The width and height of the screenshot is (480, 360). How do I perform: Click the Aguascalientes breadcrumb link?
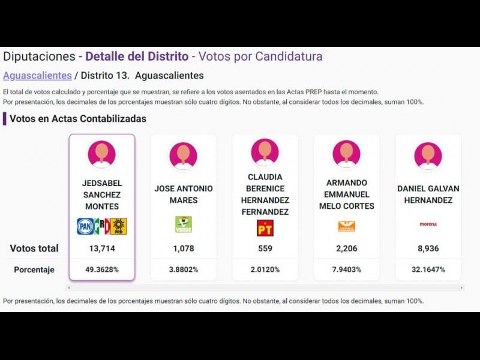coord(37,76)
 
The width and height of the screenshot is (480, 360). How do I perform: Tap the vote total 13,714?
coord(101,248)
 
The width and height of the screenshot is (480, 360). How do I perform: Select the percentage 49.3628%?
coord(101,269)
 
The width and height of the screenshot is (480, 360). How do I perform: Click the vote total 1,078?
coord(183,248)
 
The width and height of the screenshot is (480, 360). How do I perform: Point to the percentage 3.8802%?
coord(183,269)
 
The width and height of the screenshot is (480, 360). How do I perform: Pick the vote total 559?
coord(265,248)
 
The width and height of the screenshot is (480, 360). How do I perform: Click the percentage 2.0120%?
coord(265,269)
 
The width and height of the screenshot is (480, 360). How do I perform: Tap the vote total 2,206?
coord(346,248)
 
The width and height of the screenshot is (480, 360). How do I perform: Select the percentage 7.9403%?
coord(346,269)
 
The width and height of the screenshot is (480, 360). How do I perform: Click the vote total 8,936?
coord(428,248)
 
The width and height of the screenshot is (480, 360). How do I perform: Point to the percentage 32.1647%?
coord(428,269)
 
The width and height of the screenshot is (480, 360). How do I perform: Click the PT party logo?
coord(265,227)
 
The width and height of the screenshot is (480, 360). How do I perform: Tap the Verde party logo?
coord(183,224)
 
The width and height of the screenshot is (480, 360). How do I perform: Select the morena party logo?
coord(428,224)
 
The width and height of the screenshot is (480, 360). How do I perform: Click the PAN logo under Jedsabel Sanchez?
coord(85,226)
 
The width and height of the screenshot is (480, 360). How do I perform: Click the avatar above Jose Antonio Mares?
coord(183,155)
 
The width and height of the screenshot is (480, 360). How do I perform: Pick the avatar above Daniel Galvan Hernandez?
coord(428,155)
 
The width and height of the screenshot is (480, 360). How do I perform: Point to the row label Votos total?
coord(34,248)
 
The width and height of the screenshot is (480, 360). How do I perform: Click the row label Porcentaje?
coord(34,270)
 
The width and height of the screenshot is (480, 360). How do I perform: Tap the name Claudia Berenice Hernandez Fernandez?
coord(265,194)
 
